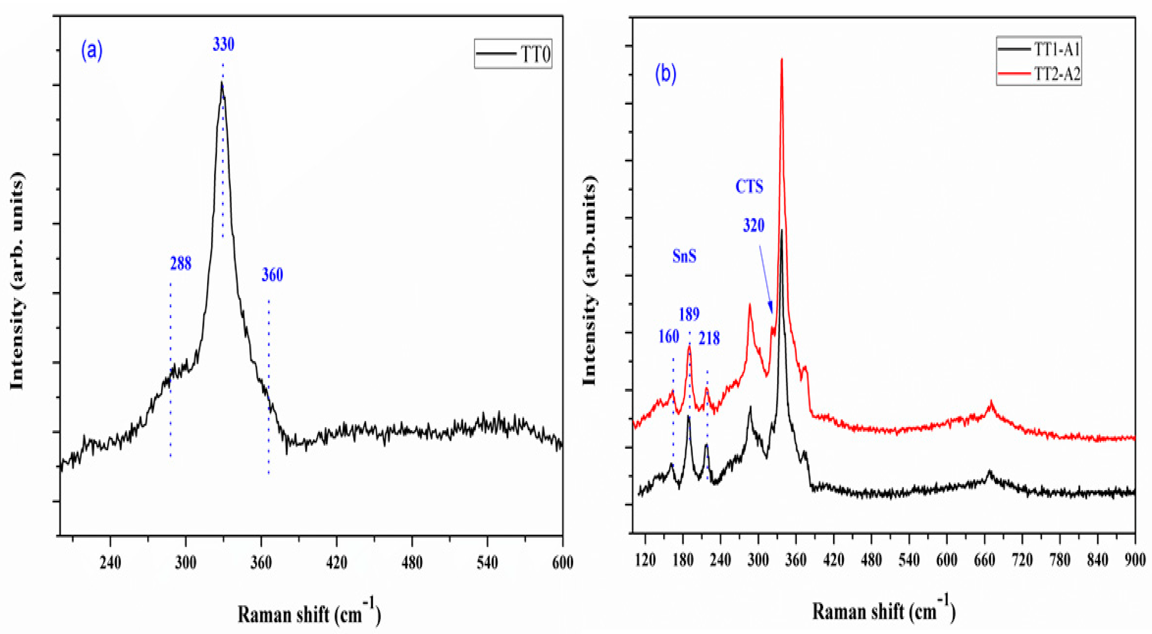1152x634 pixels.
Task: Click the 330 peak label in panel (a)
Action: tap(223, 44)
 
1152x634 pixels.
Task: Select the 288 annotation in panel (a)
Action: tap(181, 264)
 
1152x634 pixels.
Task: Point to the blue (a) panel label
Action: tap(92, 50)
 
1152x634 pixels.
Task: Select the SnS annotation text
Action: tap(684, 256)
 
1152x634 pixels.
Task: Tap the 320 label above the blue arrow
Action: tap(754, 225)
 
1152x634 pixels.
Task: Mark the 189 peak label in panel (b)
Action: tap(689, 314)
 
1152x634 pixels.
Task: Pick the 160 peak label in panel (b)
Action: tap(669, 336)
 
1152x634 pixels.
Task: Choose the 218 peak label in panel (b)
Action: tap(709, 338)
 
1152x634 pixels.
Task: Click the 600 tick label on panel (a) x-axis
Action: tap(562, 562)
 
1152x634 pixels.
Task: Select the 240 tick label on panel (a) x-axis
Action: tap(110, 562)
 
